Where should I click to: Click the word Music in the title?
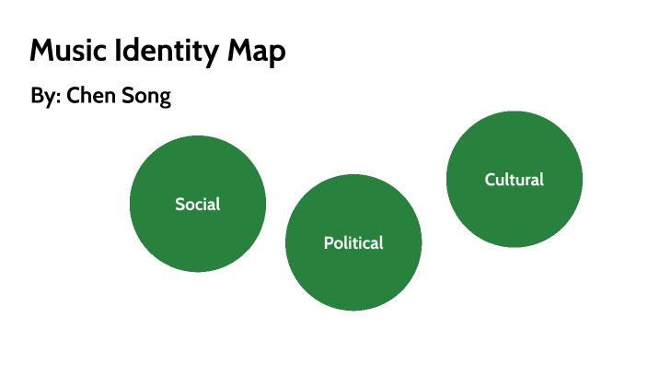69,52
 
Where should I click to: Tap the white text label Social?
198,204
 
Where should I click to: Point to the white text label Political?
353,243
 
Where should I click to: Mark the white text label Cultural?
515,180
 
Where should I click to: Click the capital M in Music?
40,52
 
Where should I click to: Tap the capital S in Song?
127,97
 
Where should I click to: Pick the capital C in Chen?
74,97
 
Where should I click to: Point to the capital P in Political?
328,243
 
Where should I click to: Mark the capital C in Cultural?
491,180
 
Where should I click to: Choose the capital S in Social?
180,204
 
